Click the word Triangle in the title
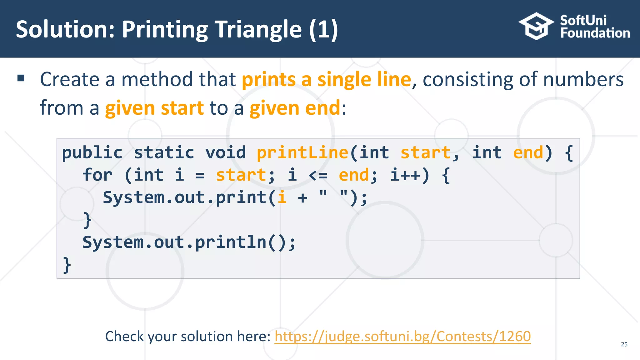click(x=258, y=29)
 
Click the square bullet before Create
click(x=21, y=78)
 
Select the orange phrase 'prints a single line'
click(x=326, y=79)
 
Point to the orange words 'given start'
click(x=154, y=108)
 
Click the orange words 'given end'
click(x=295, y=108)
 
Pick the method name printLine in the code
click(x=302, y=153)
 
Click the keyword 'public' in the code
click(x=92, y=153)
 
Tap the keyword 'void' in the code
click(x=225, y=153)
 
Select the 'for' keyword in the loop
click(x=97, y=175)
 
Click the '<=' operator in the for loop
click(x=318, y=175)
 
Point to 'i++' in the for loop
click(x=405, y=175)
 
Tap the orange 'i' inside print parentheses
click(x=282, y=197)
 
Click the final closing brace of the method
click(x=67, y=265)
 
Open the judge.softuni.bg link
click(x=402, y=337)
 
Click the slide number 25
click(x=624, y=344)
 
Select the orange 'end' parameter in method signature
click(x=528, y=153)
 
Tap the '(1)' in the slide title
click(x=323, y=29)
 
